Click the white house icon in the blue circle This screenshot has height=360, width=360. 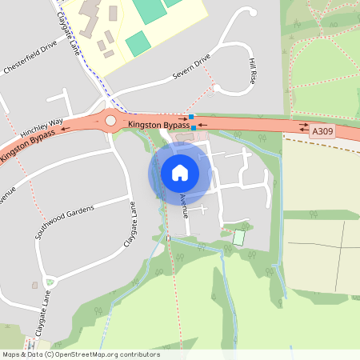pos(179,172)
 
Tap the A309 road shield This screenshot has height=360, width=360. pos(322,130)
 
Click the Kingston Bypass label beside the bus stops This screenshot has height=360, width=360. pos(158,125)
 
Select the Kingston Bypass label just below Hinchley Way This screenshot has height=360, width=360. pos(28,146)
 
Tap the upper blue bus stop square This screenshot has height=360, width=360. pos(190,117)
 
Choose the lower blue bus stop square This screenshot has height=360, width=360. pos(194,128)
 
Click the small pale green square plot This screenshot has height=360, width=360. pos(238,238)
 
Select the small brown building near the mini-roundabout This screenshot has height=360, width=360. pos(34,284)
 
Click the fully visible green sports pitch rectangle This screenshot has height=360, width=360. pos(138,43)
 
